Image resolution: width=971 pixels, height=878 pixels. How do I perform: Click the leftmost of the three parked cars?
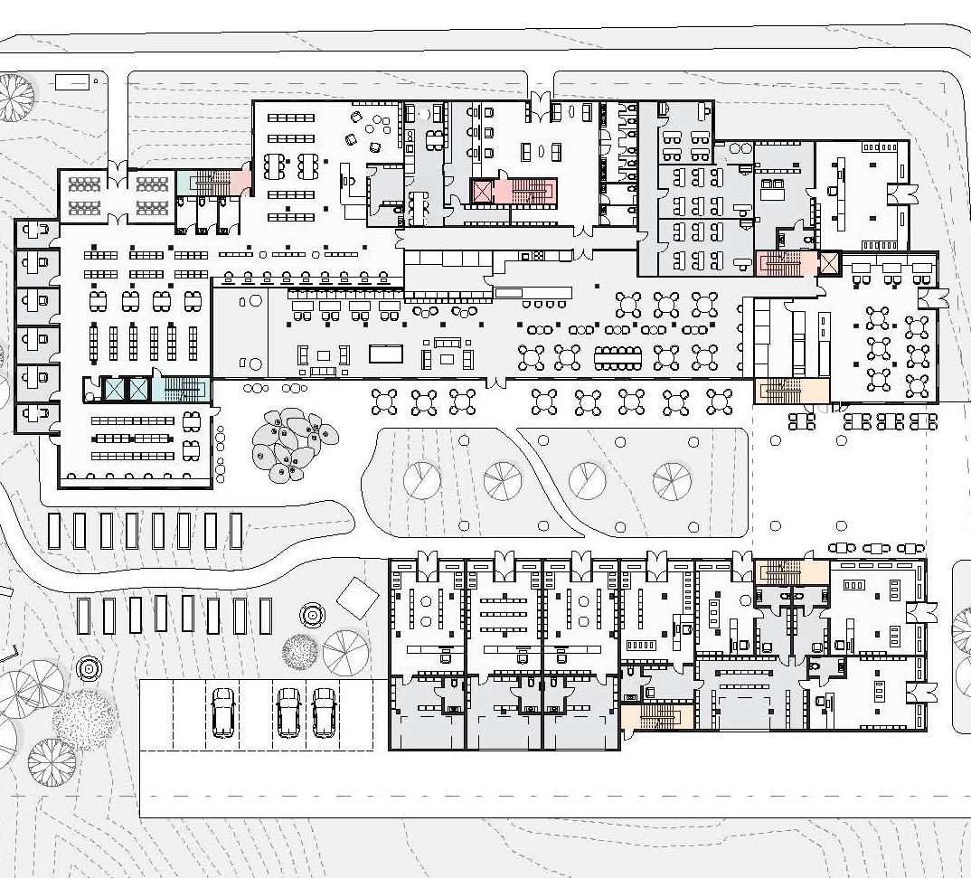pyautogui.click(x=222, y=713)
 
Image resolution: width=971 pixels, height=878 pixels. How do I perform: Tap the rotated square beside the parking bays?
pyautogui.click(x=357, y=596)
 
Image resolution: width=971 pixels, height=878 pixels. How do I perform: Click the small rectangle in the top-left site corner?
pyautogui.click(x=72, y=82)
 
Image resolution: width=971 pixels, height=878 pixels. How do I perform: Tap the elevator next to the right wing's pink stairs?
pyautogui.click(x=828, y=263)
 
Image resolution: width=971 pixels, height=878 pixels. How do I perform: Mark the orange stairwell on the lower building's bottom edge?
pyautogui.click(x=657, y=718)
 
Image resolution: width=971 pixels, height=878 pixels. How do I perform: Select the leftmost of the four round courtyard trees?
pyautogui.click(x=421, y=480)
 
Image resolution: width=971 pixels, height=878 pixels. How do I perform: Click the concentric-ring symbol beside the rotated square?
pyautogui.click(x=313, y=615)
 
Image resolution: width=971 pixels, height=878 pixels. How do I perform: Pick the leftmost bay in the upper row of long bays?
pyautogui.click(x=54, y=531)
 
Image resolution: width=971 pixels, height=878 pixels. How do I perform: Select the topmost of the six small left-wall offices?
pyautogui.click(x=37, y=234)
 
